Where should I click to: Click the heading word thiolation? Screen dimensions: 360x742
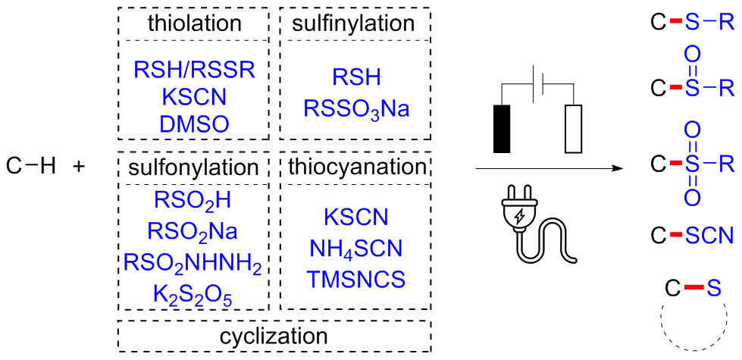pyautogui.click(x=195, y=23)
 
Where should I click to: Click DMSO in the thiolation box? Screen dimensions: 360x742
pyautogui.click(x=194, y=124)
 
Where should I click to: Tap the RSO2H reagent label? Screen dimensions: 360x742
pyautogui.click(x=193, y=201)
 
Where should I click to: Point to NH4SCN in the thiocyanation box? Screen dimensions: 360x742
pyautogui.click(x=355, y=249)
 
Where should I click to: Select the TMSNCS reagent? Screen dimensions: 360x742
pyautogui.click(x=355, y=280)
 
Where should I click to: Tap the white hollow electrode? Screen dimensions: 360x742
pyautogui.click(x=575, y=128)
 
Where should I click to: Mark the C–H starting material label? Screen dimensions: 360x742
pyautogui.click(x=30, y=164)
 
